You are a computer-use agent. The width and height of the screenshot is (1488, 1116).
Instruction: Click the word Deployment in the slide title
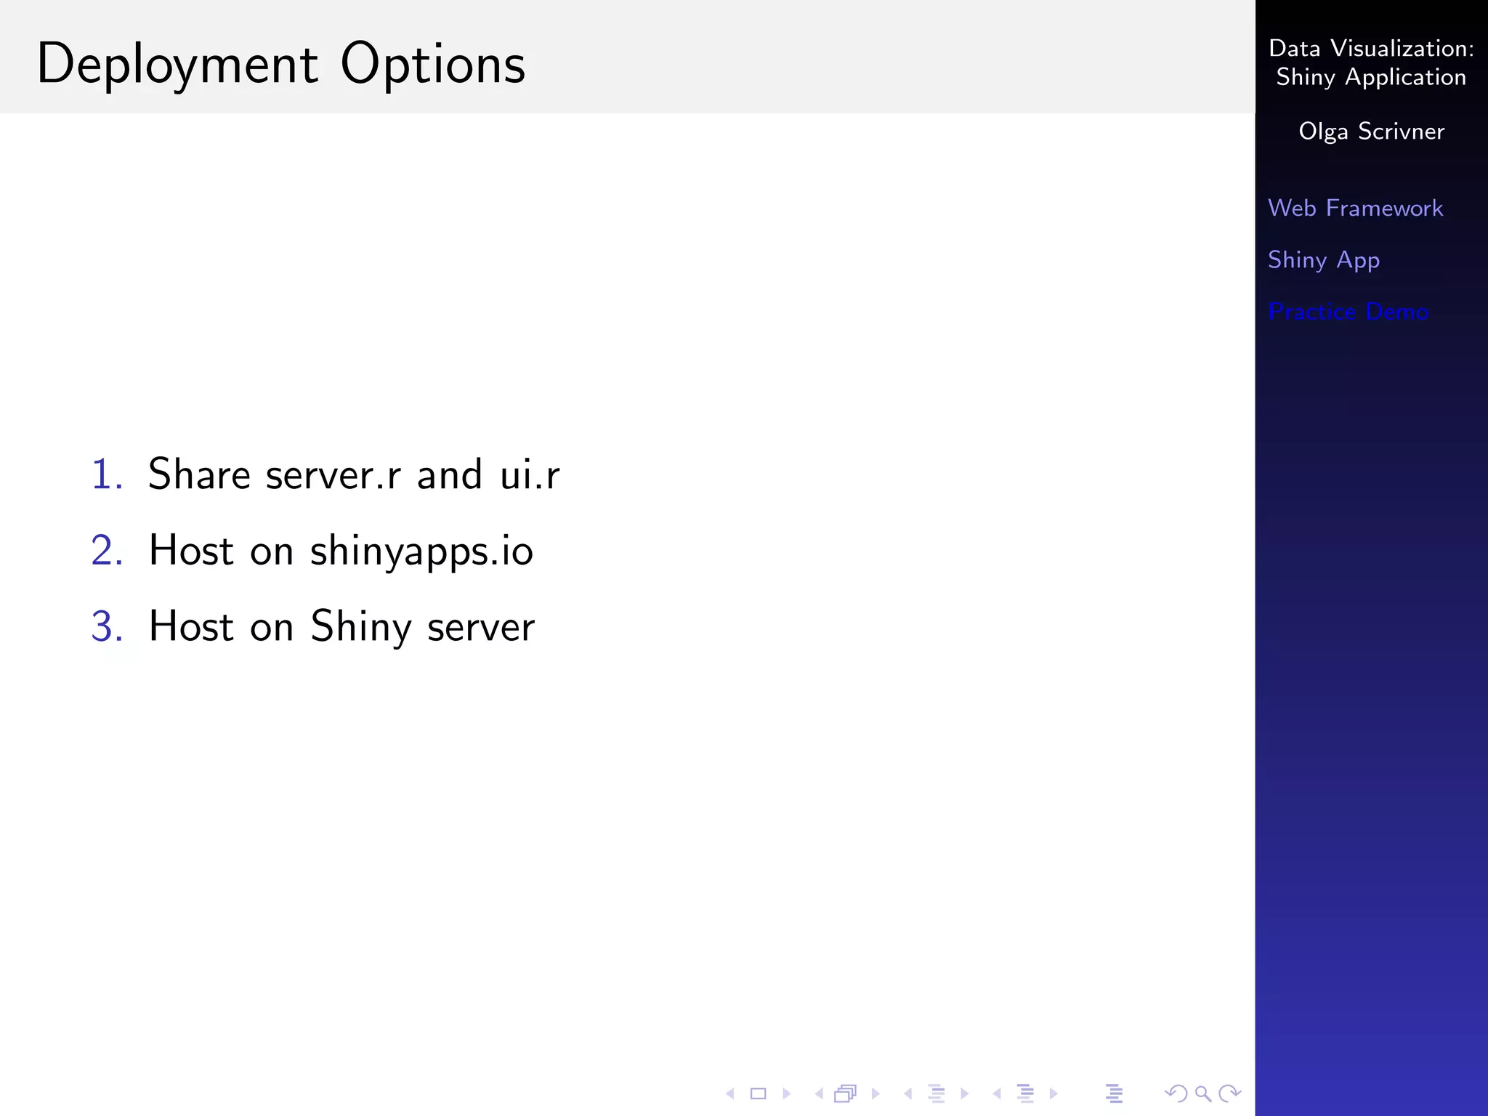[x=177, y=65]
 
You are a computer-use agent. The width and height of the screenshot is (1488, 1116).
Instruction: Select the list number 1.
[x=106, y=474]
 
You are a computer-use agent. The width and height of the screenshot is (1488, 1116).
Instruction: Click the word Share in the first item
[x=199, y=474]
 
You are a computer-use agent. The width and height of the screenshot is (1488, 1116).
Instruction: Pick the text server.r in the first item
[x=333, y=476]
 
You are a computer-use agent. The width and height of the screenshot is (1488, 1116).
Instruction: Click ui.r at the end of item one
[x=530, y=476]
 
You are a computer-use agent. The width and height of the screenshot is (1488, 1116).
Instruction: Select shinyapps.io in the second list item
[x=421, y=551]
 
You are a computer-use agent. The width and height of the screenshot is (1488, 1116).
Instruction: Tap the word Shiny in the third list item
[x=360, y=626]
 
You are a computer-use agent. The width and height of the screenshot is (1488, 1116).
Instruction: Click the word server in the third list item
[x=481, y=628]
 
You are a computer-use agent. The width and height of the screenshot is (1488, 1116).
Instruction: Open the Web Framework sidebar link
[x=1355, y=209]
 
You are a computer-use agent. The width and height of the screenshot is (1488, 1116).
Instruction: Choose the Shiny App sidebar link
[x=1323, y=260]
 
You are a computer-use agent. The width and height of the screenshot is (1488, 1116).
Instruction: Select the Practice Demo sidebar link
[x=1348, y=312]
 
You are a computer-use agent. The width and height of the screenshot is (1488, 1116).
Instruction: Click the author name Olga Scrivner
[x=1371, y=132]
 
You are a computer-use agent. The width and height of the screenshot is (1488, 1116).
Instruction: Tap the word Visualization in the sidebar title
[x=1402, y=49]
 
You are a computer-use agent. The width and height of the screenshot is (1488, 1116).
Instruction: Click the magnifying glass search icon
[x=1203, y=1093]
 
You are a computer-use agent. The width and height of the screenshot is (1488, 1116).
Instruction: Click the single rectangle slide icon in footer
[x=758, y=1093]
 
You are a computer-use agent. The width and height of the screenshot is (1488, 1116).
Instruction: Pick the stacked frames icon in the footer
[x=846, y=1093]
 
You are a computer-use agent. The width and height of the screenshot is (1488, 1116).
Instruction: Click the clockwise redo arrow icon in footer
[x=1230, y=1093]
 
